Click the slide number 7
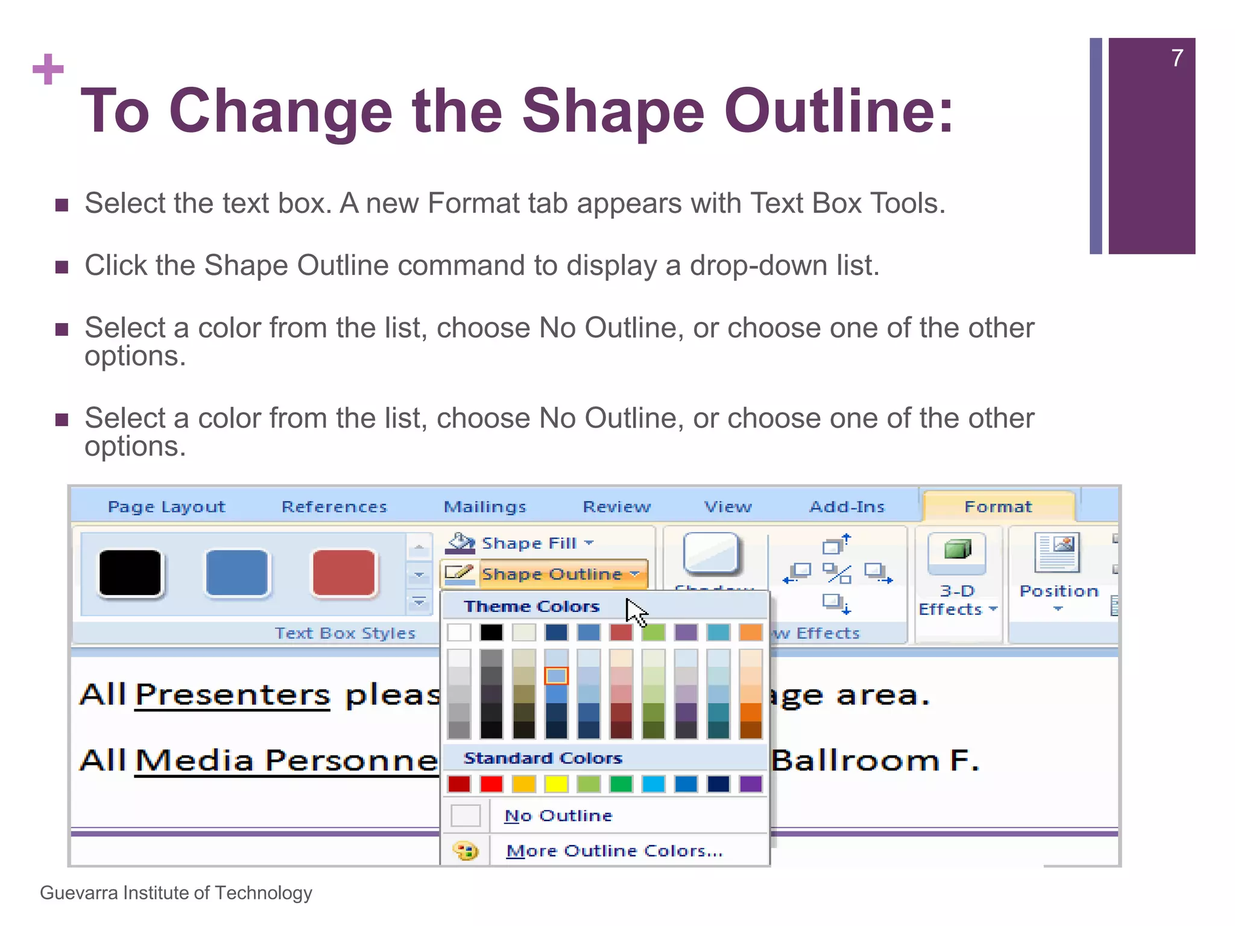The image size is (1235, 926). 1177,58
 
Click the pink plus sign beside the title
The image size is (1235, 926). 48,69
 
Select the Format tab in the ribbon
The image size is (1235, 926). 998,507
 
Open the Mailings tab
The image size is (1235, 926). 485,507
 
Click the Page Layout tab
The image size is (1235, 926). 166,507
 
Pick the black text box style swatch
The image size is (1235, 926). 130,573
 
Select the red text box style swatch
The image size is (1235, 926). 344,573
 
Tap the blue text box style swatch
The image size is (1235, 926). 236,573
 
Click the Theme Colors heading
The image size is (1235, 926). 531,606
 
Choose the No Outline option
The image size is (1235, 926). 558,816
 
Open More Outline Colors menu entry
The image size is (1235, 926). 614,851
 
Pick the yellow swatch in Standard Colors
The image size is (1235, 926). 556,784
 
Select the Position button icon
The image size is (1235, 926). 1057,553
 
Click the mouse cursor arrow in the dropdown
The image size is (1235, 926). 635,613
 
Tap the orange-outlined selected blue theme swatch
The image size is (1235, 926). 556,676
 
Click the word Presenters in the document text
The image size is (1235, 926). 232,694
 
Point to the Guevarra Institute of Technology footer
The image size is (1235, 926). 176,893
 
